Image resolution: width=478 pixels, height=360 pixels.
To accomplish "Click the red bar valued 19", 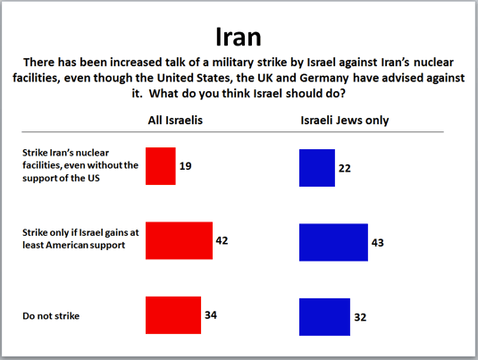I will tap(160, 166).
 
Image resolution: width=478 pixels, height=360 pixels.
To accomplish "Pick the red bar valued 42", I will tap(179, 240).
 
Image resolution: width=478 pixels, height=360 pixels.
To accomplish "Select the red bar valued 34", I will tap(172, 314).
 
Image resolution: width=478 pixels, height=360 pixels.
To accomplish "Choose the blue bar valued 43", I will tap(333, 242).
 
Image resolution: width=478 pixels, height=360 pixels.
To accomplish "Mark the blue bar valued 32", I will tap(325, 316).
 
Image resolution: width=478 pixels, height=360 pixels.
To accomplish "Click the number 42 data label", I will tap(223, 239).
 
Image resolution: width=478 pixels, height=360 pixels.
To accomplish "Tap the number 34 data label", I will tap(211, 314).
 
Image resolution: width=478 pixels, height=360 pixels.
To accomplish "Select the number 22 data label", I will tap(345, 168).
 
